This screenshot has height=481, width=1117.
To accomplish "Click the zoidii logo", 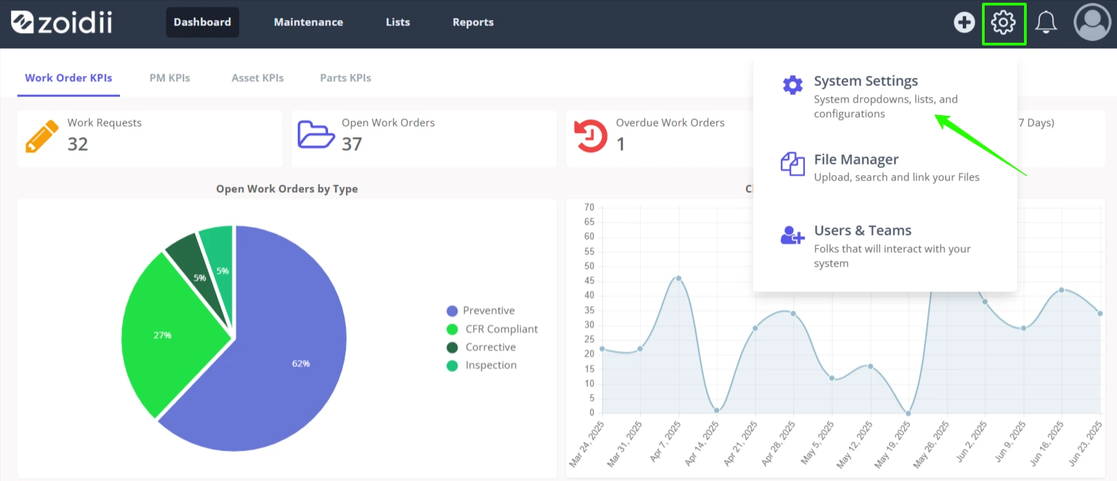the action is [61, 23].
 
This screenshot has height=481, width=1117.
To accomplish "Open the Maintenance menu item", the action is [308, 22].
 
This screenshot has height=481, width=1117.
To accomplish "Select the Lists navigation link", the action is [398, 22].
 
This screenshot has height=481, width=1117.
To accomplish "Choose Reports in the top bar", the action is [473, 22].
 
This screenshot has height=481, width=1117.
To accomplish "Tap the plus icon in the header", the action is [964, 23].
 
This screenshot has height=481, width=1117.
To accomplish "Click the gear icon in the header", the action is [1003, 23].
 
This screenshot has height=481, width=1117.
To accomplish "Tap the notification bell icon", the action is [1046, 23].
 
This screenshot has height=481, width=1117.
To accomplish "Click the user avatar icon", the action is [1092, 23].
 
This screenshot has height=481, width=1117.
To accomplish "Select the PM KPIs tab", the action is [170, 78].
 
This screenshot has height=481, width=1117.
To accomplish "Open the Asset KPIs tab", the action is [257, 78].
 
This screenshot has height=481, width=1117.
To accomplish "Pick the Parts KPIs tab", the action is [345, 78].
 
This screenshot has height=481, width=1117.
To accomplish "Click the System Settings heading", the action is [865, 81].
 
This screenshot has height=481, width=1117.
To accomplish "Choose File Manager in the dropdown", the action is [857, 159].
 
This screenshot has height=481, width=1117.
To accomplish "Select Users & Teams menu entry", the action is [863, 230].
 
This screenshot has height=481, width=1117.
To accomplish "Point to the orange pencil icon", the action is [42, 136].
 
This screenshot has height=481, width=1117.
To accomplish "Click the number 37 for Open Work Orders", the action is [351, 144].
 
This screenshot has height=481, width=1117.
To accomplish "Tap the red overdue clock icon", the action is [591, 136].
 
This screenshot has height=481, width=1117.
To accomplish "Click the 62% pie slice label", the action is [300, 364].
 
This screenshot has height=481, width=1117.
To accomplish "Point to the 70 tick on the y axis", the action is [589, 207].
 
